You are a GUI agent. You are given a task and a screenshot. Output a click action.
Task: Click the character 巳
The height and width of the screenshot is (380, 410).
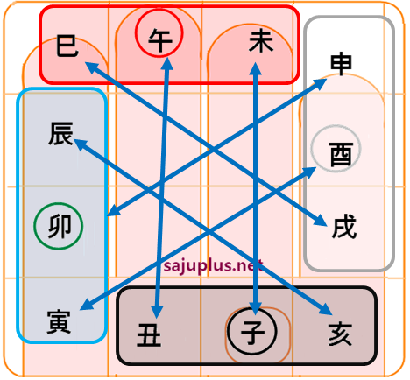(67, 46)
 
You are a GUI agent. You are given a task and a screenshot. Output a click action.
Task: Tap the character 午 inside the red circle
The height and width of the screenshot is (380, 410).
(159, 40)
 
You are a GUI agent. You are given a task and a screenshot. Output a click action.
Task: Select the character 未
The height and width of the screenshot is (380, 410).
(261, 41)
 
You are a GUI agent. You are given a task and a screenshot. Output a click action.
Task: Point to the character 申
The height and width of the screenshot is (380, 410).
(341, 64)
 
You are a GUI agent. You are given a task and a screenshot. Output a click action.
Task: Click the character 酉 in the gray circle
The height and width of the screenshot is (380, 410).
(342, 154)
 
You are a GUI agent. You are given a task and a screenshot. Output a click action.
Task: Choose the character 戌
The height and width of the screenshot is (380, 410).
(344, 226)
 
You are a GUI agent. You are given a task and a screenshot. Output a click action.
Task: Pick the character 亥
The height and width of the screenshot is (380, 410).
(340, 334)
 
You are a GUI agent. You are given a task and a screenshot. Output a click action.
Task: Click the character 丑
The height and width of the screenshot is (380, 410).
(149, 335)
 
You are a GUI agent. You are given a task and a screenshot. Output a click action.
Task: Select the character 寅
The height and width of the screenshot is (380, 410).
(59, 322)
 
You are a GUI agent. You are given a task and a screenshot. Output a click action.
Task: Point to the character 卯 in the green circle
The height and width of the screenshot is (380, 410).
(60, 226)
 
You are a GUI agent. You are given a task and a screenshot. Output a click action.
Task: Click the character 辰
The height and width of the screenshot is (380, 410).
(60, 133)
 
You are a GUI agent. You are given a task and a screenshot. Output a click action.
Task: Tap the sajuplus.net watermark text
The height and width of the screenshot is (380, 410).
(214, 266)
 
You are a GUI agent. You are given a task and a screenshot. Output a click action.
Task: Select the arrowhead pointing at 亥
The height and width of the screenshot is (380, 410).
(327, 309)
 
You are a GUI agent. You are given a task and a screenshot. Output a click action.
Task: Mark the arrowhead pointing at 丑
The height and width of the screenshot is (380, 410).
(157, 312)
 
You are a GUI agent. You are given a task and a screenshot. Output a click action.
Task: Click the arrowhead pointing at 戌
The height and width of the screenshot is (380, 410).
(320, 220)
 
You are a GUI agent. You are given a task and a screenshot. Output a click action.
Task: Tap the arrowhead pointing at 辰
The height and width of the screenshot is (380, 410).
(81, 144)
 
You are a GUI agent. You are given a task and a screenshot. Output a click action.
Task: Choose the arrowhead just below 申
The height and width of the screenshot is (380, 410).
(320, 83)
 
